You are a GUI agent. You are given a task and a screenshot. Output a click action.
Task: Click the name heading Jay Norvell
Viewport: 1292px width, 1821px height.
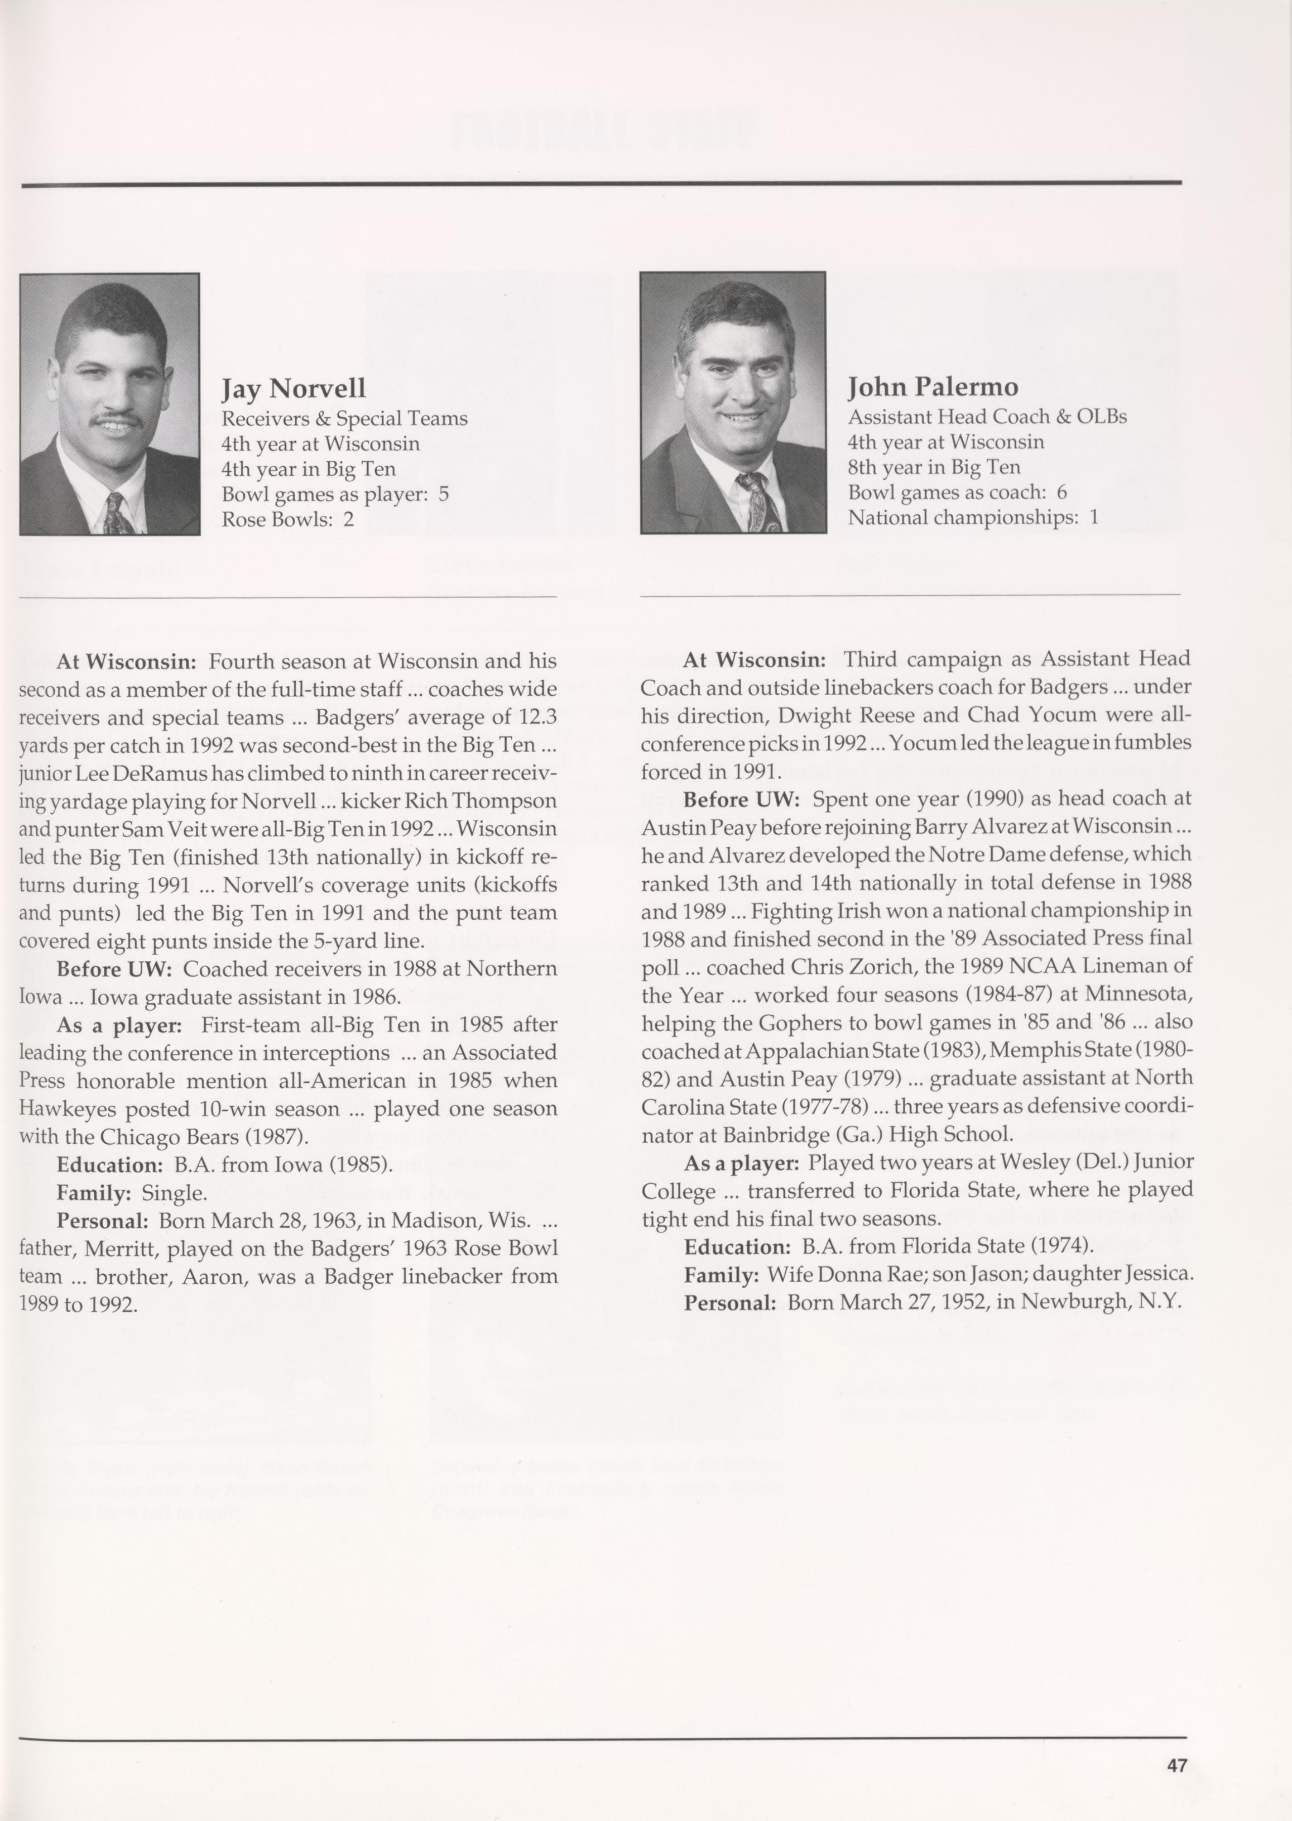(293, 389)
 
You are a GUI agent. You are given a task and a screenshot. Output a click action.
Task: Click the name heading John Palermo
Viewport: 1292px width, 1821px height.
(933, 387)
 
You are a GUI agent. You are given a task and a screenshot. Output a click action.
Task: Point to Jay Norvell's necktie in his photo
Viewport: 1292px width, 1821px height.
(116, 513)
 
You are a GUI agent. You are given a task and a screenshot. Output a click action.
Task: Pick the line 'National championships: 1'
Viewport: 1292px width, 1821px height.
(972, 517)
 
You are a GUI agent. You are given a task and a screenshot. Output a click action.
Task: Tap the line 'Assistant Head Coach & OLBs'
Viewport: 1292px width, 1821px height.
(987, 416)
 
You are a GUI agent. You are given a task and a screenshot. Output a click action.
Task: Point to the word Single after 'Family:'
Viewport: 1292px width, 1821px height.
(174, 1193)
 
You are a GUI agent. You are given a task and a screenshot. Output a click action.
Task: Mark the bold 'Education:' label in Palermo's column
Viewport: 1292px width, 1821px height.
(737, 1246)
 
